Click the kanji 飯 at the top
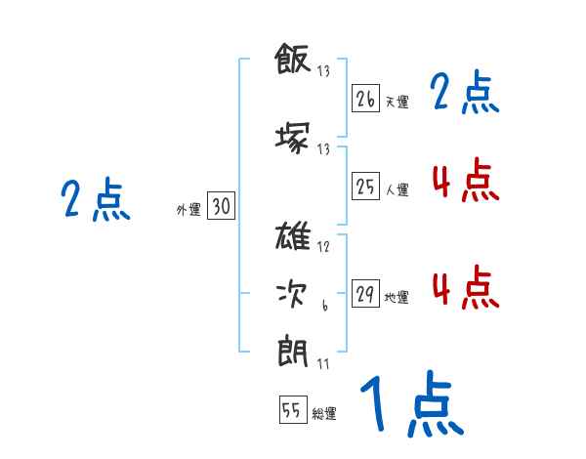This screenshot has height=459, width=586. [x=293, y=59]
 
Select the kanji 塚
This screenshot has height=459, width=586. [x=293, y=138]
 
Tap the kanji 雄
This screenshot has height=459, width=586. [x=293, y=235]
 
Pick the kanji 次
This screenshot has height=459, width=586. [x=292, y=294]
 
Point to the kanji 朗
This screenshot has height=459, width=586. [x=293, y=352]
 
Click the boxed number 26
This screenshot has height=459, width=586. [x=365, y=98]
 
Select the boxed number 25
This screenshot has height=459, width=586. [x=365, y=186]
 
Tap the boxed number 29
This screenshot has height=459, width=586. [x=365, y=293]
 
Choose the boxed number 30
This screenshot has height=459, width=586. [x=221, y=205]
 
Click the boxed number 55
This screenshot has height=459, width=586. [x=293, y=409]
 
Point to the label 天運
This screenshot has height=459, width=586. [x=398, y=102]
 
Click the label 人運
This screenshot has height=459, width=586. [x=398, y=189]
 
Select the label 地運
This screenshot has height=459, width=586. [x=397, y=297]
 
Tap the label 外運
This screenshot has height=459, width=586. [x=188, y=210]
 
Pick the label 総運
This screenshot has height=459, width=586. [x=324, y=414]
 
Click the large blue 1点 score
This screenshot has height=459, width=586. [x=412, y=403]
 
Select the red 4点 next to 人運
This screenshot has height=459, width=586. [x=466, y=180]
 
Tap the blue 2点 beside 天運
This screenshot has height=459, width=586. [x=465, y=92]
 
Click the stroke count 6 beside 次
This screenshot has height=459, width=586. [x=325, y=305]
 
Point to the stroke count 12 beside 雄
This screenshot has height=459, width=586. [x=323, y=247]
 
